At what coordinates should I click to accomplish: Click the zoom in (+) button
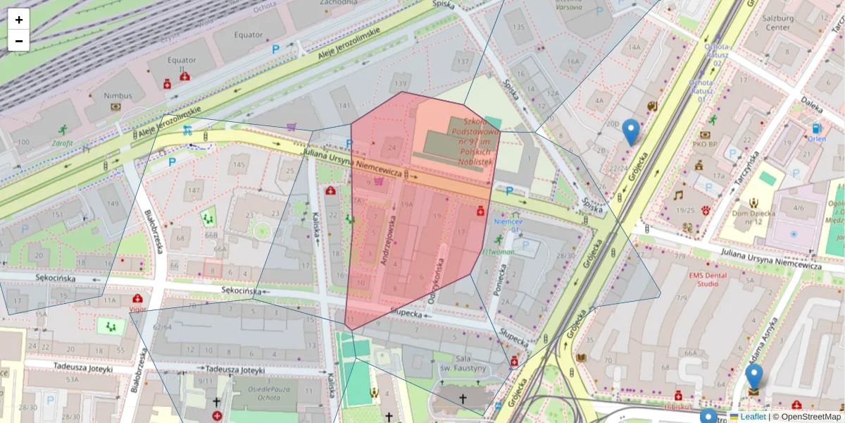click(19, 20)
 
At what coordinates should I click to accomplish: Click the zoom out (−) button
click(19, 41)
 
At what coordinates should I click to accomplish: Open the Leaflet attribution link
click(752, 417)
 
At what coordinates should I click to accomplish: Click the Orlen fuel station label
click(816, 139)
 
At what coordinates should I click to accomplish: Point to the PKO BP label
click(704, 145)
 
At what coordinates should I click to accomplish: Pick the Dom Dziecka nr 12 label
click(754, 217)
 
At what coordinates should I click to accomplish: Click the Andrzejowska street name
click(389, 240)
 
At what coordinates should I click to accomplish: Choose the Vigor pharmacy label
click(138, 309)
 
